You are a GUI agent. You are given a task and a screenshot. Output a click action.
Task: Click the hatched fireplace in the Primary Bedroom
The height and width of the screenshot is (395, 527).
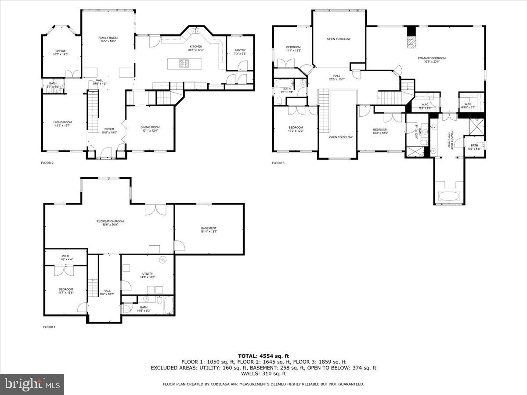pos(411,41)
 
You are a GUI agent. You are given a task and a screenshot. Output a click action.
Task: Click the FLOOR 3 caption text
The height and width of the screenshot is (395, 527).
pos(278,163)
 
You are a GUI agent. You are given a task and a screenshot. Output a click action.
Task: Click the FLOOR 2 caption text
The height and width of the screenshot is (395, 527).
pos(47,163)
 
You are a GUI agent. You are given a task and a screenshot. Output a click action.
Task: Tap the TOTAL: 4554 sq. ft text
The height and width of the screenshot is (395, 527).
pos(263,356)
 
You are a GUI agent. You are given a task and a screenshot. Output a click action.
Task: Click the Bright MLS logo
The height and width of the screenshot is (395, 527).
pos(32,384)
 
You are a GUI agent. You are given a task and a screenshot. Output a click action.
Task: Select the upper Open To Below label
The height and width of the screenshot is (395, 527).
pos(339,39)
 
